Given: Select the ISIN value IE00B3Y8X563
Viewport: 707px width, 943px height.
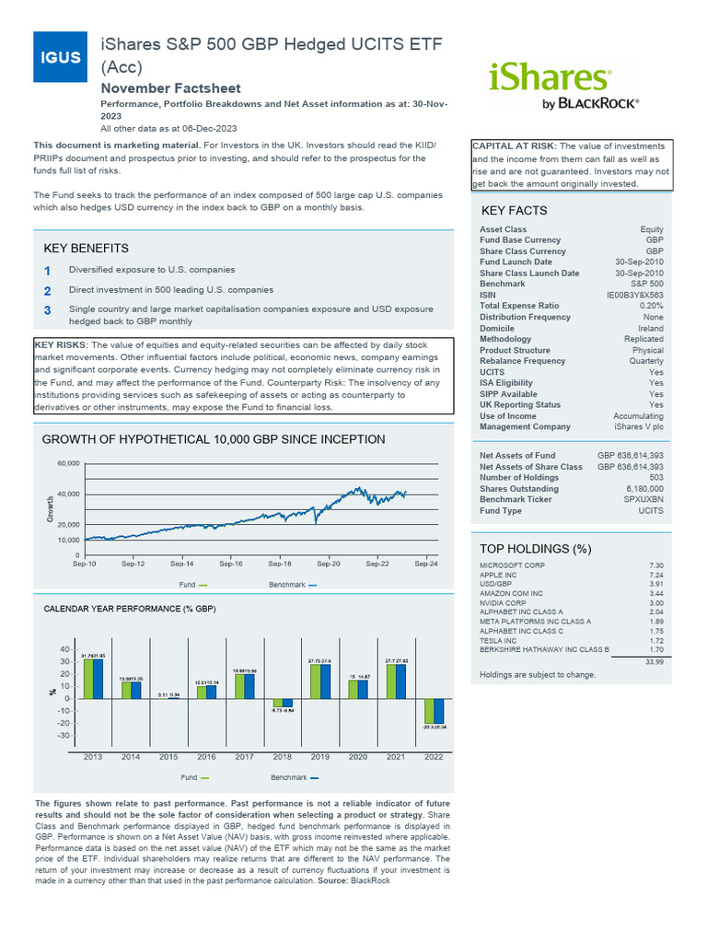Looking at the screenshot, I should pos(634,295).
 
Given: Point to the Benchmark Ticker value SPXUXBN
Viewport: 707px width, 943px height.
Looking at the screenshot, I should pos(643,500).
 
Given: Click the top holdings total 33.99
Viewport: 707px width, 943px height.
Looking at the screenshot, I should pos(654,661).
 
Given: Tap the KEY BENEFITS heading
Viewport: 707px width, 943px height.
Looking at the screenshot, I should pos(87,249).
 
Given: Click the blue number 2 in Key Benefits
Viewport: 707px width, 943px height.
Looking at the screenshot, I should pos(47,291).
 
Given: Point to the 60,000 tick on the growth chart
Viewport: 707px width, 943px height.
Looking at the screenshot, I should pos(69,463).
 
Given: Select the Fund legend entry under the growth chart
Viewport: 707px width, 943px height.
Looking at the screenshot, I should pos(193,585).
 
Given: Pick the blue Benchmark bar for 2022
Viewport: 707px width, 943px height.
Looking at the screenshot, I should pos(438,711).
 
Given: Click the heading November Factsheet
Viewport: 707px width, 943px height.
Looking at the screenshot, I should pos(170,88).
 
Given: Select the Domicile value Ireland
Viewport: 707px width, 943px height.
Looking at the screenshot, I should pos(650,328).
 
